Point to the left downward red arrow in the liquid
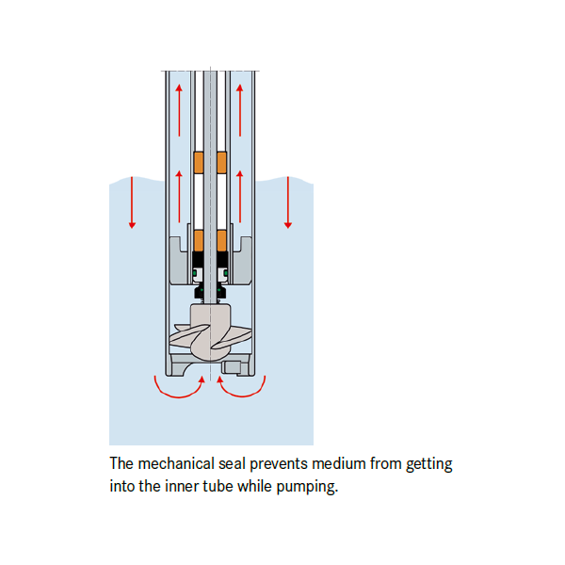[133, 202]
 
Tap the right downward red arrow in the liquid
[288, 202]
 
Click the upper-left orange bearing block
[199, 163]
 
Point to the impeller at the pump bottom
[209, 335]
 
